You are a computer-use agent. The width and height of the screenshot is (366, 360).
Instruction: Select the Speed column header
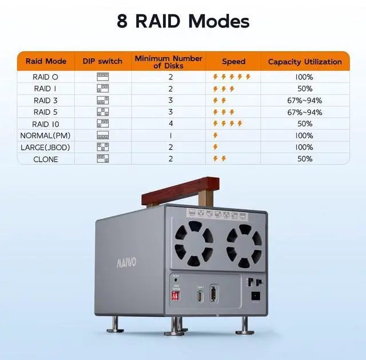click(233, 61)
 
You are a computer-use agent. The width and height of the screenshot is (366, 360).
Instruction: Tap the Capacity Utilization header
click(305, 61)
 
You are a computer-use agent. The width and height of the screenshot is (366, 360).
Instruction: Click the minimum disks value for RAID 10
click(170, 124)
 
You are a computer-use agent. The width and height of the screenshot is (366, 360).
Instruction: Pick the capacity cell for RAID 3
click(305, 101)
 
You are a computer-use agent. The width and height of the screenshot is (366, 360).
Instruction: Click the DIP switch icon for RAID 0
click(103, 77)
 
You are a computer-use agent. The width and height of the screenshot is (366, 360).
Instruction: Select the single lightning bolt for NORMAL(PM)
click(216, 135)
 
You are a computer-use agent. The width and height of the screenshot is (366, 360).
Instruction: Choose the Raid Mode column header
click(46, 61)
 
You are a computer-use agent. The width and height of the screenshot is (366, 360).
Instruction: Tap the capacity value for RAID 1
click(305, 89)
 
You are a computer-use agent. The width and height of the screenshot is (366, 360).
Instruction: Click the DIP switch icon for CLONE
click(103, 159)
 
